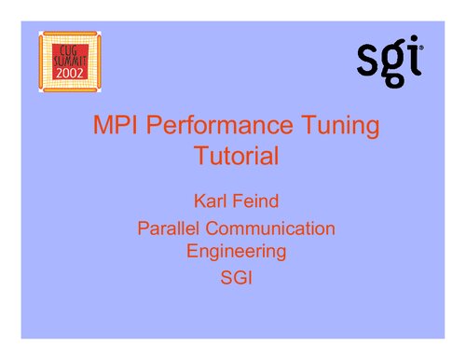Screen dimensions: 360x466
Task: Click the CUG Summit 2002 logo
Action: pyautogui.click(x=70, y=62)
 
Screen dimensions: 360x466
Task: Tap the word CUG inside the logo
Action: pyautogui.click(x=70, y=47)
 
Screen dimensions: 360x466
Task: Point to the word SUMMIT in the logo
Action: pyautogui.click(x=70, y=59)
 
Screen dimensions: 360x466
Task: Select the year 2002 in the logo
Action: pyautogui.click(x=70, y=72)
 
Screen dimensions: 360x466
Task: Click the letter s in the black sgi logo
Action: pyautogui.click(x=370, y=62)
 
